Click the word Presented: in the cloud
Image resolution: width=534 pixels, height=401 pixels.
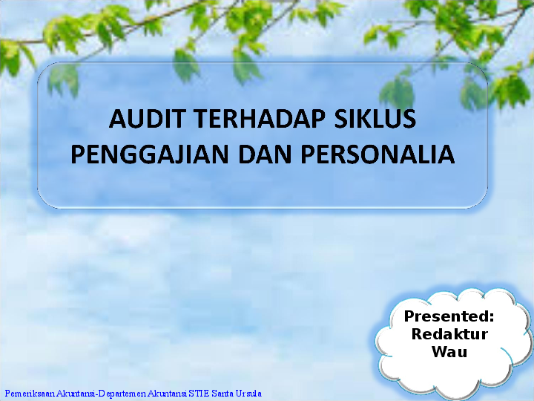pyautogui.click(x=449, y=316)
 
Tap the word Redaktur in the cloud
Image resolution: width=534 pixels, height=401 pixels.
pyautogui.click(x=449, y=334)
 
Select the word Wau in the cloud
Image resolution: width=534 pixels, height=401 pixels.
pyautogui.click(x=449, y=351)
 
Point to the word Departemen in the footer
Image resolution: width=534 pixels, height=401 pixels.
pyautogui.click(x=122, y=393)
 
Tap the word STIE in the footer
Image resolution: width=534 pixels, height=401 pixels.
pyautogui.click(x=198, y=393)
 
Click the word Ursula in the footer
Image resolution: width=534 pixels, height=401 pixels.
pyautogui.click(x=248, y=393)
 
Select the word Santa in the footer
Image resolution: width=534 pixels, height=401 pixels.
pyautogui.click(x=221, y=393)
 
